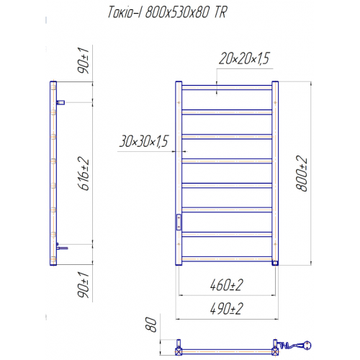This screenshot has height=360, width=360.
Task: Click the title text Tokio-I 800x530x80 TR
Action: (x=167, y=12)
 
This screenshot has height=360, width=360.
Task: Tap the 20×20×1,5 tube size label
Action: (x=244, y=58)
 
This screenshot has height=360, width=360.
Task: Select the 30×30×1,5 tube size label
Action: (x=144, y=141)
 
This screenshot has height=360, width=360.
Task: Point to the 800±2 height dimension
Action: (x=302, y=174)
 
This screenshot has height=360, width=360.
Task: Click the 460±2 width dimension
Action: (x=227, y=285)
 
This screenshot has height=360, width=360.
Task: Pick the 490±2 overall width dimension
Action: (x=227, y=308)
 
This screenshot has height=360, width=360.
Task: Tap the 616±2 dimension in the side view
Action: (x=84, y=174)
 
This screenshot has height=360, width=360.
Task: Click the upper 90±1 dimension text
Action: (x=83, y=60)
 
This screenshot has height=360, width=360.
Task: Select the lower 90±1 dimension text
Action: (x=83, y=285)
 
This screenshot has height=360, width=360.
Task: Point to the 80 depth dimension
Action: (x=151, y=325)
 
